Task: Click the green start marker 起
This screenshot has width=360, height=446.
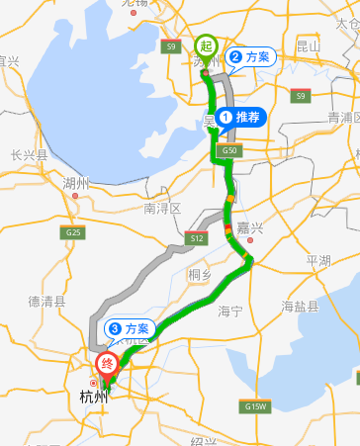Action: point(205,45)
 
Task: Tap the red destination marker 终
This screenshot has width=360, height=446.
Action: point(108,363)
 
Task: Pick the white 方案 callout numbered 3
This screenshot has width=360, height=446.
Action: point(130,327)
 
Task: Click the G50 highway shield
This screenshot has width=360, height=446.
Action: point(229,150)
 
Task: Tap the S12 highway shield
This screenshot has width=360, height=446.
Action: point(195,237)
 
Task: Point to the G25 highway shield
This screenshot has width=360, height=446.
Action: point(71,233)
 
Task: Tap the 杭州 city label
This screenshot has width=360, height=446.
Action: point(92,399)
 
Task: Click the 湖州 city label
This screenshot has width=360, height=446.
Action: point(75,183)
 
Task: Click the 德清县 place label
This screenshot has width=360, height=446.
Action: point(47,302)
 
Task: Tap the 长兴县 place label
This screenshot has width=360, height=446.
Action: point(30,155)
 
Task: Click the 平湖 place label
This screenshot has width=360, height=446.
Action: point(318,260)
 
